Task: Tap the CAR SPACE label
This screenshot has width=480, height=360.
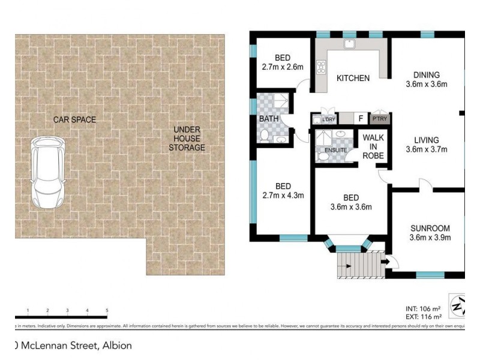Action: coord(74,119)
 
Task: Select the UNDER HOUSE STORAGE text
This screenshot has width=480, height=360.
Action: coord(187,139)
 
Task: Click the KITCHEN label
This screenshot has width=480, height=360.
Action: coord(353,78)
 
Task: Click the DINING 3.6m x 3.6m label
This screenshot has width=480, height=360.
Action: coord(426,80)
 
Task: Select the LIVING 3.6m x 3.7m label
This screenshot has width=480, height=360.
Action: coord(426,145)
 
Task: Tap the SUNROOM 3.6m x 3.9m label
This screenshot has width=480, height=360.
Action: coord(430,233)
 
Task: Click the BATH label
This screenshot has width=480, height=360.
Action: coord(268,119)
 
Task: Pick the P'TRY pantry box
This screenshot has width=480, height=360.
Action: coord(380,119)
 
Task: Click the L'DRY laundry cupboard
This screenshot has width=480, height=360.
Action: coord(328,119)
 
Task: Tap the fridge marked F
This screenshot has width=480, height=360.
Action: coord(360,119)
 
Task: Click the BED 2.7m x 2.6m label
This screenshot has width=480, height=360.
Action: coord(283,62)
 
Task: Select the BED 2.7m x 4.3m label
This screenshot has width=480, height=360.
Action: coord(282,190)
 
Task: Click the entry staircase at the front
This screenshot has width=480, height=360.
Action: coord(358,264)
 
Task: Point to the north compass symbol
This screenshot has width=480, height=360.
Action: coord(459,307)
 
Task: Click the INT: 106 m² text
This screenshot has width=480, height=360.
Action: coord(424,309)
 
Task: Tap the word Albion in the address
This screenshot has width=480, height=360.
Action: coord(116,346)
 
